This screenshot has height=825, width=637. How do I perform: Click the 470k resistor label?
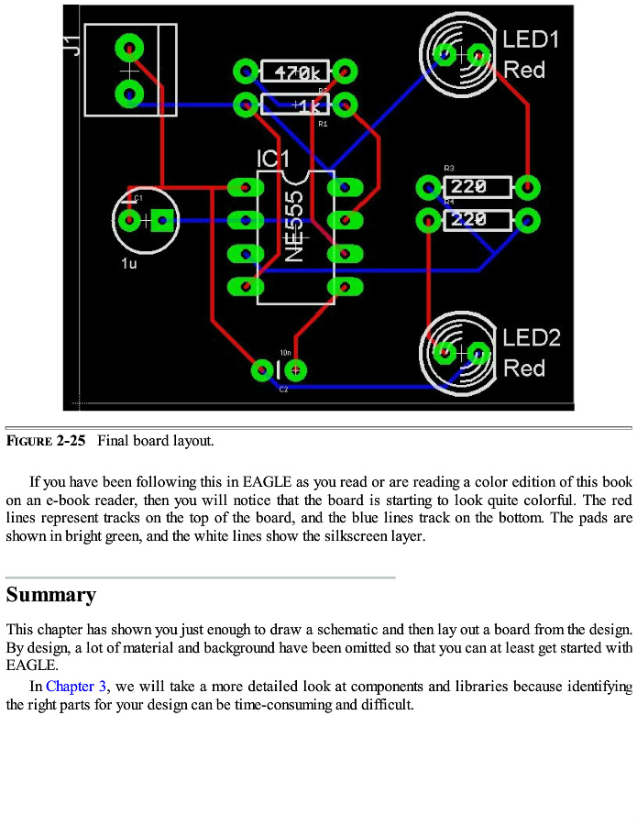pyautogui.click(x=295, y=71)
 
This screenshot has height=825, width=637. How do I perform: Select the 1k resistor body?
pyautogui.click(x=295, y=104)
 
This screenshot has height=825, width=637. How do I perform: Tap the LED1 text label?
pyautogui.click(x=531, y=39)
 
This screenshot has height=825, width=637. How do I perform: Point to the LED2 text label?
pyautogui.click(x=532, y=337)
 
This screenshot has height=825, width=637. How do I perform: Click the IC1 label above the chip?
pyautogui.click(x=272, y=159)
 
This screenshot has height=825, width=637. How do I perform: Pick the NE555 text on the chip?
pyautogui.click(x=294, y=226)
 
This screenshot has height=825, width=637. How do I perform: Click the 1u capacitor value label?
pyautogui.click(x=129, y=264)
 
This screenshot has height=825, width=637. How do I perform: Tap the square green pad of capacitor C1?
pyautogui.click(x=164, y=220)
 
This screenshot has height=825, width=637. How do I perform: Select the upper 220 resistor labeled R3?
pyautogui.click(x=477, y=188)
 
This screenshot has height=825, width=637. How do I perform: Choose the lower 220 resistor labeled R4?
pyautogui.click(x=477, y=220)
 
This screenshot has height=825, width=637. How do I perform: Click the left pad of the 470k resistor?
pyautogui.click(x=246, y=71)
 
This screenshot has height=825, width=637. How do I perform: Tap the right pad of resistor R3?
pyautogui.click(x=527, y=188)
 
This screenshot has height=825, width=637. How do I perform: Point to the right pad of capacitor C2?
pyautogui.click(x=295, y=370)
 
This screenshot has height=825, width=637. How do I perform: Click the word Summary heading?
pyautogui.click(x=51, y=595)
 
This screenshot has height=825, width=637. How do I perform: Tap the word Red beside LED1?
pyautogui.click(x=524, y=70)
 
